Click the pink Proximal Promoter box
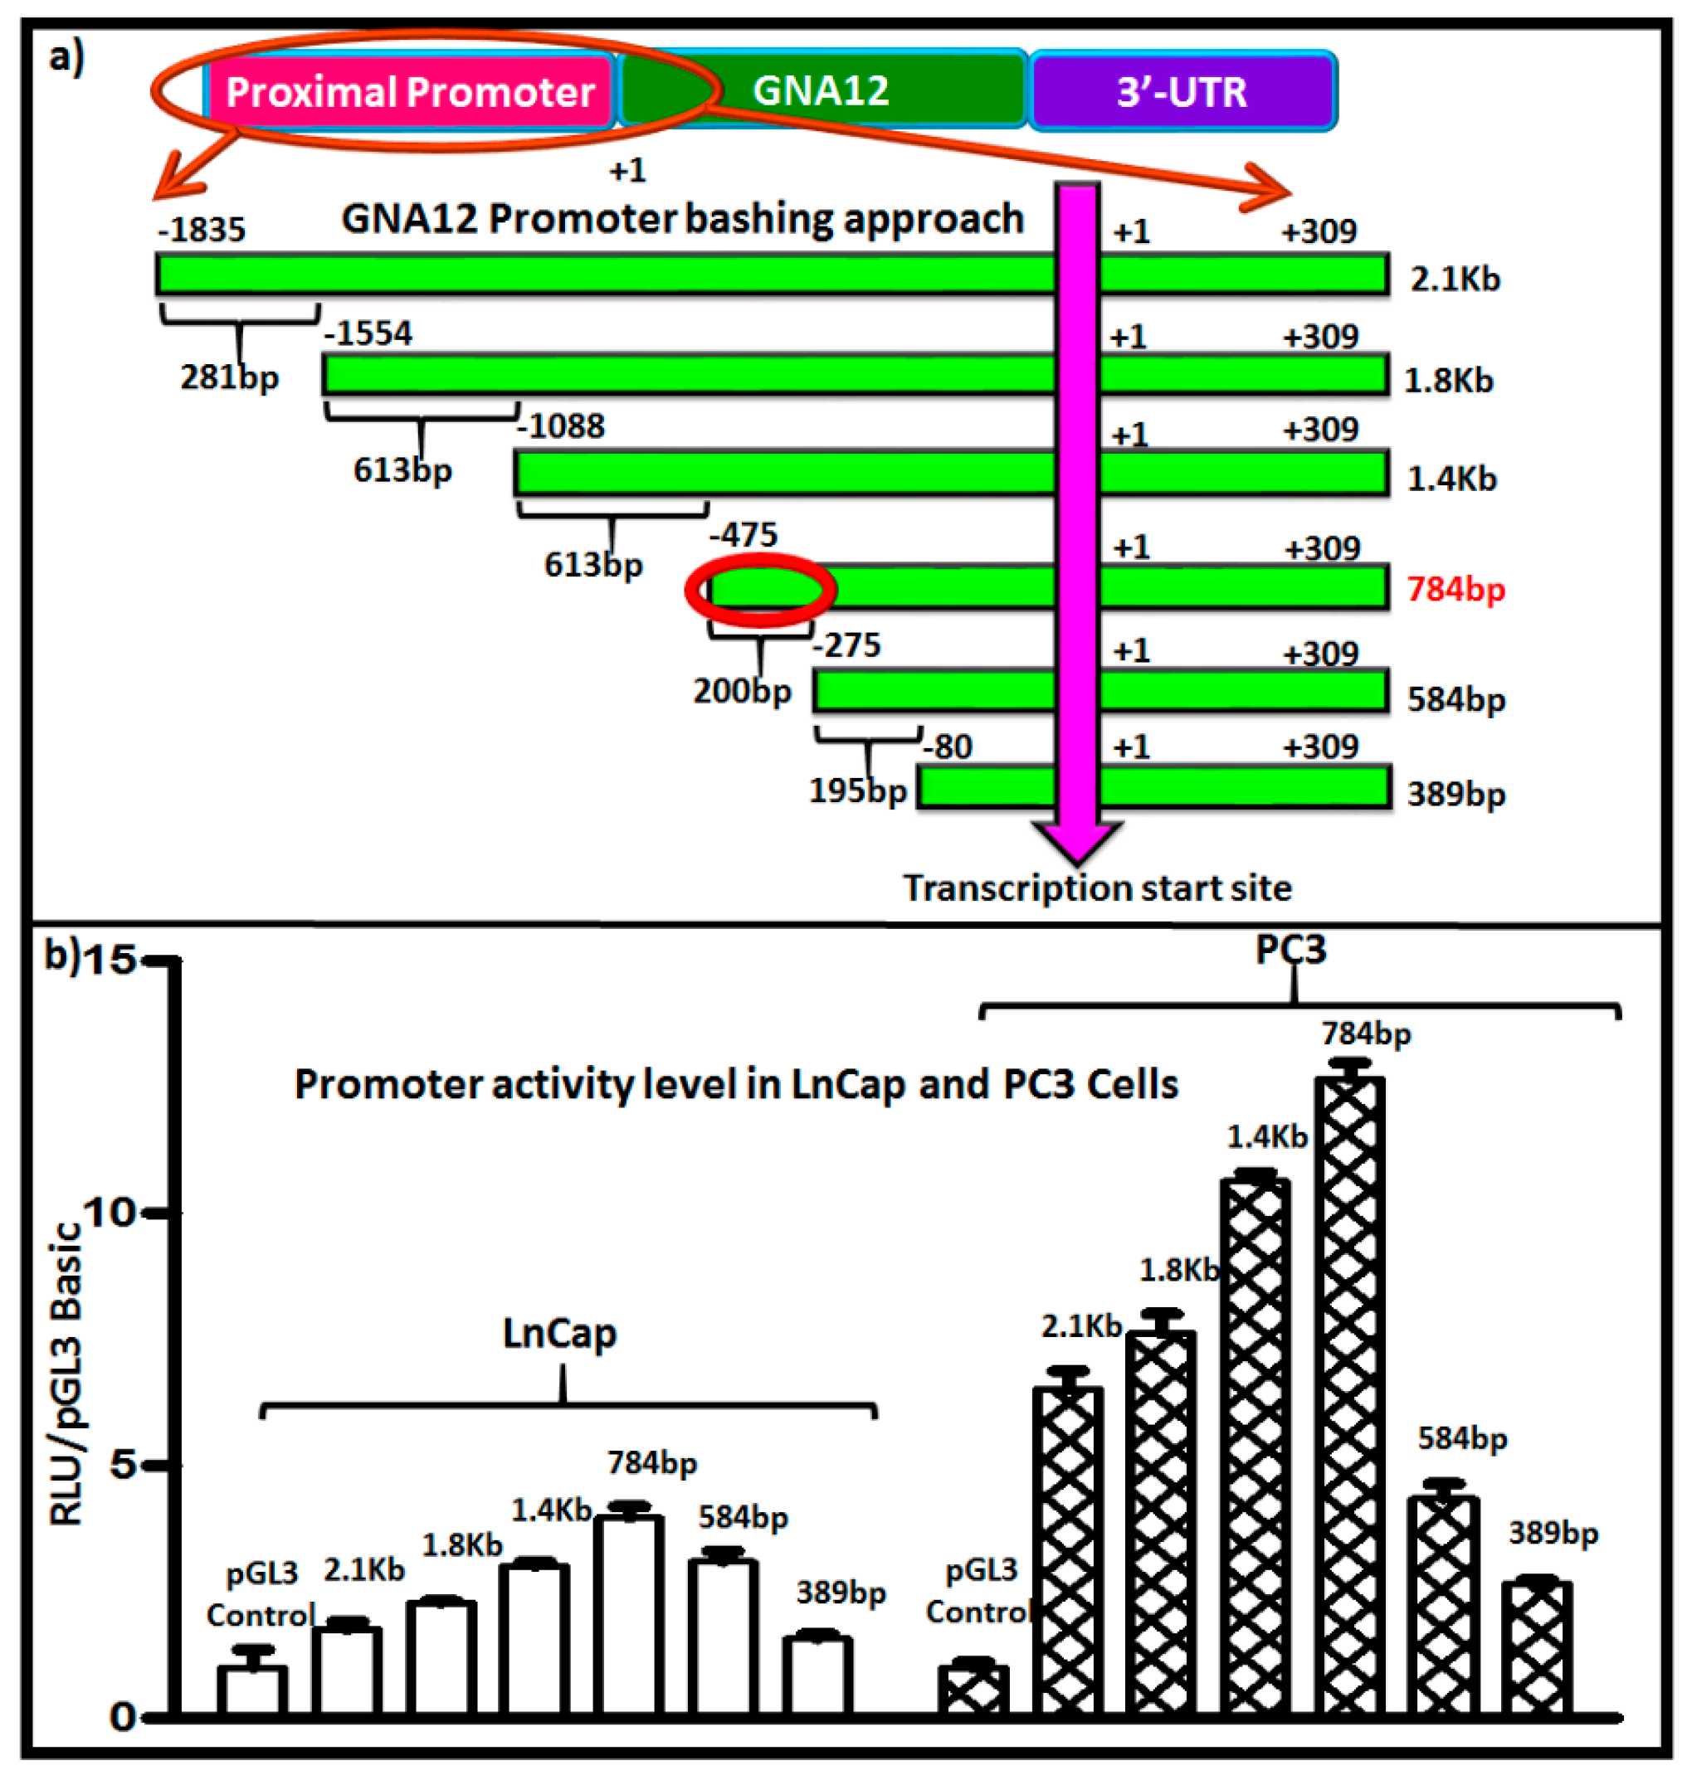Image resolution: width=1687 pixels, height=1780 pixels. click(409, 90)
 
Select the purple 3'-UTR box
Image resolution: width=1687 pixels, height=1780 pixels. click(1182, 90)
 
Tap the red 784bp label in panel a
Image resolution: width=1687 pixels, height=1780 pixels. click(1455, 589)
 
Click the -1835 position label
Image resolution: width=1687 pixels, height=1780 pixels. click(202, 229)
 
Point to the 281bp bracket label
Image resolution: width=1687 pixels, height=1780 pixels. click(229, 377)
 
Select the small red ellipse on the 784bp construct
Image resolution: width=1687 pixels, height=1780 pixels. click(761, 590)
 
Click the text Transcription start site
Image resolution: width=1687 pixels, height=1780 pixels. click(1097, 888)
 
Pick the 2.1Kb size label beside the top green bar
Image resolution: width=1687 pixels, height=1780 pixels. click(1454, 279)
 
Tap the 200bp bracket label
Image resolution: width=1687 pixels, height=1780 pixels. click(742, 690)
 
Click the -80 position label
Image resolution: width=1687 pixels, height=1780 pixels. click(952, 747)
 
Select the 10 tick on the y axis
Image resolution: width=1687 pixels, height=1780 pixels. click(110, 1213)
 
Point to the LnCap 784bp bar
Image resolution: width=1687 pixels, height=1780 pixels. click(633, 1613)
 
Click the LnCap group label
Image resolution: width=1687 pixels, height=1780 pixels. click(559, 1333)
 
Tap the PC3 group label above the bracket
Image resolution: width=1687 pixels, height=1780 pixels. click(1290, 950)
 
